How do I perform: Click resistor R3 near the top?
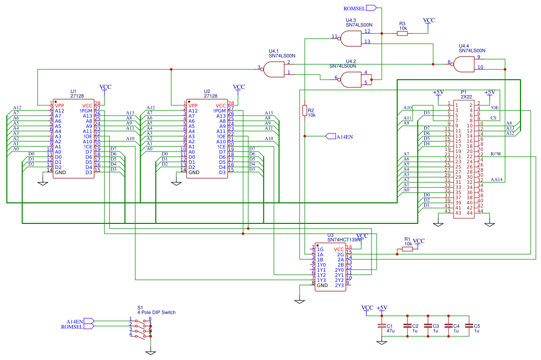(402, 33)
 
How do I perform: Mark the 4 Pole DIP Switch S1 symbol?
(140, 328)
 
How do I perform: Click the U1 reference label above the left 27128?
(73, 91)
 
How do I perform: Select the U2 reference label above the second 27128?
(207, 91)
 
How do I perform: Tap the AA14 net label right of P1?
(496, 180)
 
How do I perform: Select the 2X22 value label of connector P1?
(466, 96)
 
